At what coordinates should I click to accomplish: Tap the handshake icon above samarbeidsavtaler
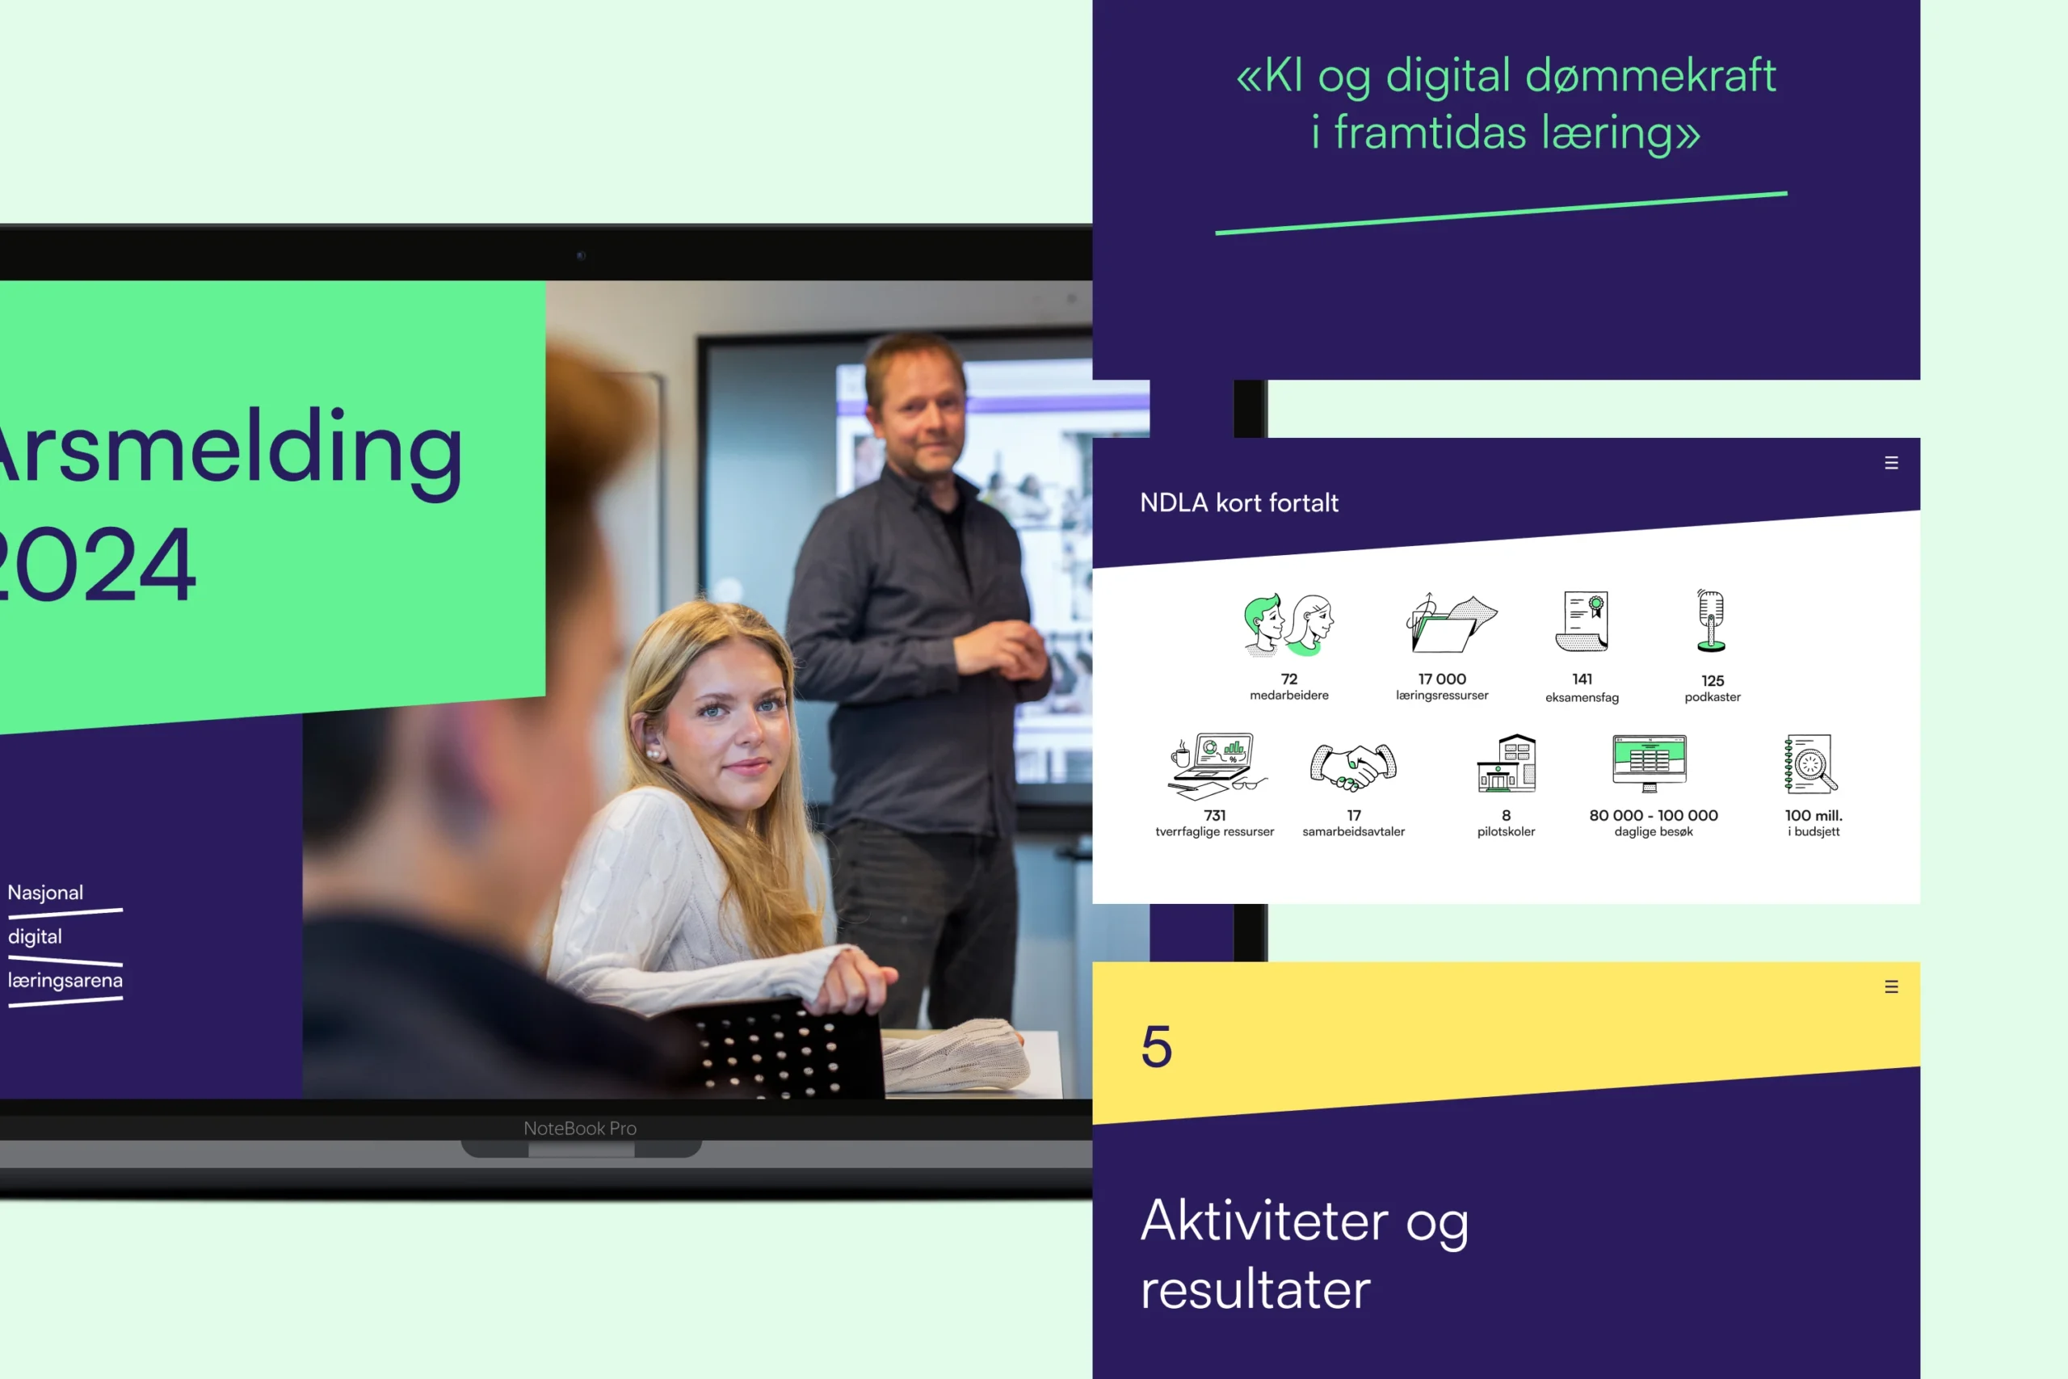pyautogui.click(x=1353, y=766)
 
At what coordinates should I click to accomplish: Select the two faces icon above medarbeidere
pyautogui.click(x=1289, y=624)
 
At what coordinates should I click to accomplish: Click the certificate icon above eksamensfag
pyautogui.click(x=1582, y=621)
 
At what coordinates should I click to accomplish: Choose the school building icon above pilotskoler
pyautogui.click(x=1506, y=763)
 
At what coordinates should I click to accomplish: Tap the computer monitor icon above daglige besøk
pyautogui.click(x=1650, y=763)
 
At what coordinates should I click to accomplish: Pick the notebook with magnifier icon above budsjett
pyautogui.click(x=1810, y=763)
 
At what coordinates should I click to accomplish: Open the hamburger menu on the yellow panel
pyautogui.click(x=1891, y=986)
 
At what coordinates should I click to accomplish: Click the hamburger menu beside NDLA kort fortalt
pyautogui.click(x=1891, y=463)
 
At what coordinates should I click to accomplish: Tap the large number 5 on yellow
pyautogui.click(x=1156, y=1046)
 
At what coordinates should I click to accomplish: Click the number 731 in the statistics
pyautogui.click(x=1214, y=815)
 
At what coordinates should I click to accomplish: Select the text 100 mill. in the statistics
pyautogui.click(x=1813, y=815)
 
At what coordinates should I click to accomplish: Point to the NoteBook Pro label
pyautogui.click(x=580, y=1129)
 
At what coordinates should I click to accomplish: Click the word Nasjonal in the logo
pyautogui.click(x=46, y=893)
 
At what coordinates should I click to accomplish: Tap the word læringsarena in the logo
pyautogui.click(x=65, y=981)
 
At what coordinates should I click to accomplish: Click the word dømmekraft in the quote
pyautogui.click(x=1650, y=76)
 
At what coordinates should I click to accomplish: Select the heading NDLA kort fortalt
pyautogui.click(x=1239, y=503)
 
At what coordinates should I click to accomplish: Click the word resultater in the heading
pyautogui.click(x=1255, y=1289)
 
